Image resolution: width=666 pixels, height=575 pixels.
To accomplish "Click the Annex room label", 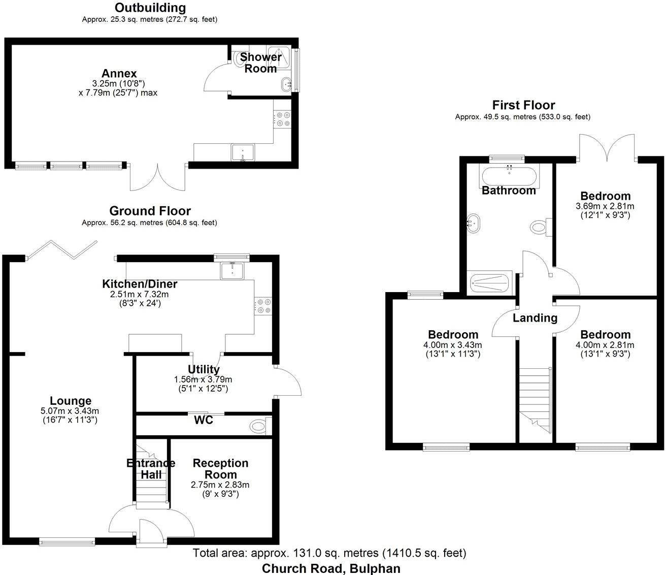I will pyautogui.click(x=119, y=74).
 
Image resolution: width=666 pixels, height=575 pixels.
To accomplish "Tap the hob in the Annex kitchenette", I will pyautogui.click(x=283, y=119).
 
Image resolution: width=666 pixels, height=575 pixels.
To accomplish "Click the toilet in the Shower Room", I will pyautogui.click(x=240, y=59).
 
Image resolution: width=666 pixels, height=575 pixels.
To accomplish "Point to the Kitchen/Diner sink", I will pyautogui.click(x=232, y=270).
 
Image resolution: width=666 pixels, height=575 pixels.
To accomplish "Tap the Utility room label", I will pyautogui.click(x=204, y=369).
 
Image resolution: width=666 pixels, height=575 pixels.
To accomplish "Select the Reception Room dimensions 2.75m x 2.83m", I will pyautogui.click(x=220, y=485).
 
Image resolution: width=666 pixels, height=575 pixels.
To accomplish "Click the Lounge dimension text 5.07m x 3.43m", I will pyautogui.click(x=71, y=411).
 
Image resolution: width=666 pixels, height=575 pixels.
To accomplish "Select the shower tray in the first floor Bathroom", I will pyautogui.click(x=489, y=282).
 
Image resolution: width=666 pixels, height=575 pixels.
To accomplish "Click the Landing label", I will pyautogui.click(x=535, y=318).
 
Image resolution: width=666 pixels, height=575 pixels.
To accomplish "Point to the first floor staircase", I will pyautogui.click(x=535, y=399).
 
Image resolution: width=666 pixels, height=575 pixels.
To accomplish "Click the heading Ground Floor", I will pyautogui.click(x=150, y=211).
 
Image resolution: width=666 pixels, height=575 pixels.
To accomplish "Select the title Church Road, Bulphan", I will pyautogui.click(x=331, y=568).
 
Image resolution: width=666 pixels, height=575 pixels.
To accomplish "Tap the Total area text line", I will pyautogui.click(x=329, y=553).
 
